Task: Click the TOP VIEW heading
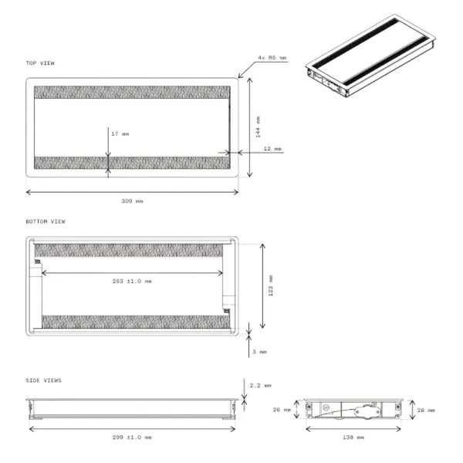click(x=40, y=63)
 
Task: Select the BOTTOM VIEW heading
click(x=46, y=221)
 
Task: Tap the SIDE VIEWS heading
click(x=44, y=380)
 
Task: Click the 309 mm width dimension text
click(x=132, y=201)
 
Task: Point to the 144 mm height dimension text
click(x=258, y=127)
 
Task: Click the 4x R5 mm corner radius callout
click(x=272, y=58)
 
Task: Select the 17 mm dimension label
click(x=120, y=133)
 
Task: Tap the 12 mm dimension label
click(x=273, y=148)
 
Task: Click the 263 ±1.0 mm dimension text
click(x=132, y=281)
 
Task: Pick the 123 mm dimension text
click(x=271, y=286)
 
